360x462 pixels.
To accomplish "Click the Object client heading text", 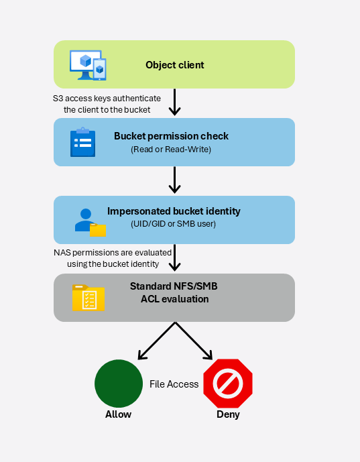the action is [x=175, y=65].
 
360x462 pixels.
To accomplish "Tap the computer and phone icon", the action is [x=88, y=65].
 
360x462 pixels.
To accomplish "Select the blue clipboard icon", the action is [x=82, y=142].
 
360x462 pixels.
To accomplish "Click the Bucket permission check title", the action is [x=171, y=136].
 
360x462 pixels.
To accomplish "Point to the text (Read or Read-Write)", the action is [x=171, y=150].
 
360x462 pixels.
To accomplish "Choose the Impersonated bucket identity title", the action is [x=174, y=211].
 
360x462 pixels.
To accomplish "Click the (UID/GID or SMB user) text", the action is [x=173, y=224].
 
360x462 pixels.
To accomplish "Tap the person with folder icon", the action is [x=90, y=223].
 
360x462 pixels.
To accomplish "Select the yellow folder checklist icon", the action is [x=88, y=298].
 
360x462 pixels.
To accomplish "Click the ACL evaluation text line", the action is [x=175, y=299].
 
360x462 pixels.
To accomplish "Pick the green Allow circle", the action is [x=119, y=384].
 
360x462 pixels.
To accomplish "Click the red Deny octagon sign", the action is [x=228, y=384].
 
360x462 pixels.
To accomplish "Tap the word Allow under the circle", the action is [x=119, y=414].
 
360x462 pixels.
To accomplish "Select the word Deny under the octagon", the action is [x=228, y=414].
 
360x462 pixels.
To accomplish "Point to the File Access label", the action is [x=174, y=384].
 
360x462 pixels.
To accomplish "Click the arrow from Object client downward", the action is [x=175, y=102].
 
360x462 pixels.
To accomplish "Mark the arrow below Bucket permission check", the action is [x=175, y=180].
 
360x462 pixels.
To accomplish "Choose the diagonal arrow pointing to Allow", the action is [x=157, y=341].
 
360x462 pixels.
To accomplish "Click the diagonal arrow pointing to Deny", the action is [x=194, y=341].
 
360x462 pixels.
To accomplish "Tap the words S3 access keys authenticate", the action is [x=107, y=99].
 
